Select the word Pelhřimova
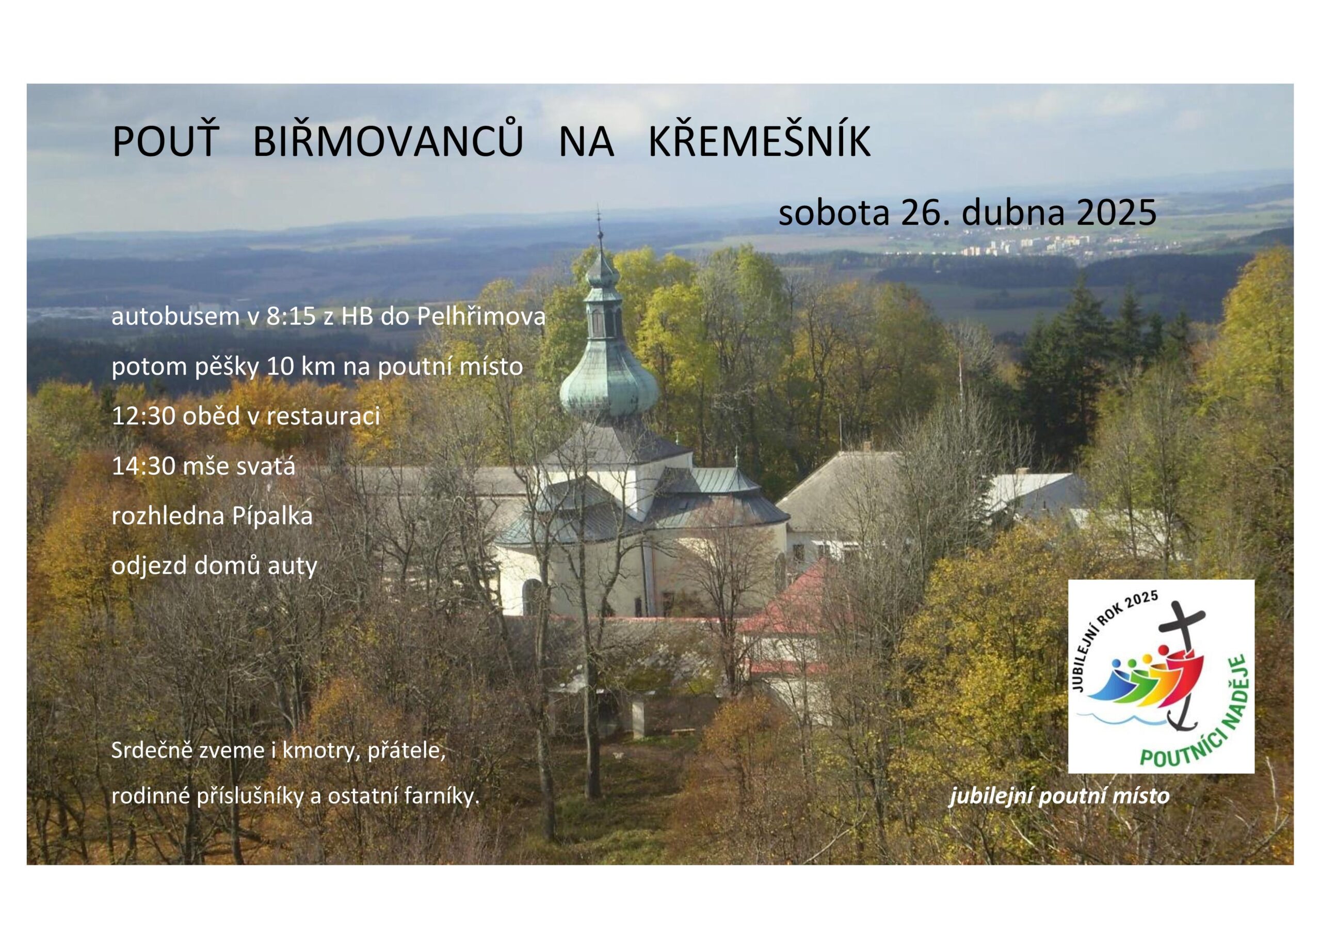click(481, 316)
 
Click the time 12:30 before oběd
click(144, 416)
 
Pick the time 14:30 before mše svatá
click(144, 466)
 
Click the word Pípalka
click(271, 516)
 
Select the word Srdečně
click(151, 750)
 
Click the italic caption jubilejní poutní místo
click(1059, 796)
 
